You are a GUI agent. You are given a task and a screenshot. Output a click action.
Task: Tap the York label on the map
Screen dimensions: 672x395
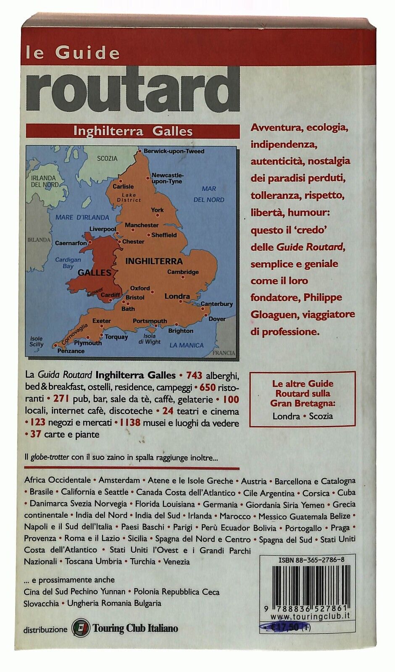pyautogui.click(x=157, y=210)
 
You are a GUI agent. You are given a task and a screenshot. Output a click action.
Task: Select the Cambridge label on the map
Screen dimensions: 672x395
pyautogui.click(x=183, y=272)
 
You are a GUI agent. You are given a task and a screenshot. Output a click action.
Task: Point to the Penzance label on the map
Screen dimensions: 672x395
pyautogui.click(x=71, y=351)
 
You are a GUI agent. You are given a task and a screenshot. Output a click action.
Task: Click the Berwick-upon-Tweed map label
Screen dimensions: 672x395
pyautogui.click(x=174, y=151)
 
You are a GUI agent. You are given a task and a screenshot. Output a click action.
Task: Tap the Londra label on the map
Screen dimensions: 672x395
pyautogui.click(x=177, y=296)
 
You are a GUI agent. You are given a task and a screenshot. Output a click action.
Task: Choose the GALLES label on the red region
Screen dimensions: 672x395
pyautogui.click(x=95, y=273)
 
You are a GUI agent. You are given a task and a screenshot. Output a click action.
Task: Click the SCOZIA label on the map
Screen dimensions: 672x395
pyautogui.click(x=107, y=158)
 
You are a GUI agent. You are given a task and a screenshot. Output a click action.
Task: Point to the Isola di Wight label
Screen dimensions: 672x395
pyautogui.click(x=150, y=339)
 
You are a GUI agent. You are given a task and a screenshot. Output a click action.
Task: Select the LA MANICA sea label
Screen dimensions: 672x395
pyautogui.click(x=186, y=345)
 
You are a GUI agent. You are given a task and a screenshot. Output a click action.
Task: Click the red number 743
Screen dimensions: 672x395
pyautogui.click(x=194, y=375)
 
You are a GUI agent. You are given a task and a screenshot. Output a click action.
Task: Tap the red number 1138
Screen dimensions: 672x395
pyautogui.click(x=129, y=423)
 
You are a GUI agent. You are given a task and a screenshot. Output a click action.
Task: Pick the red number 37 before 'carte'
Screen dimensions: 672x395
pyautogui.click(x=35, y=434)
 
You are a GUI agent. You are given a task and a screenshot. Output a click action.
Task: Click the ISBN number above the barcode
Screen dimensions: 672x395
pyautogui.click(x=311, y=560)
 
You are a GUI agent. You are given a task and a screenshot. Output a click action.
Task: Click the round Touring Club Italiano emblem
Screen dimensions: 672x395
pyautogui.click(x=81, y=628)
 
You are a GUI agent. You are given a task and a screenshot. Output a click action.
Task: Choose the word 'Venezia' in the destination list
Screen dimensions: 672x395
pyautogui.click(x=176, y=562)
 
